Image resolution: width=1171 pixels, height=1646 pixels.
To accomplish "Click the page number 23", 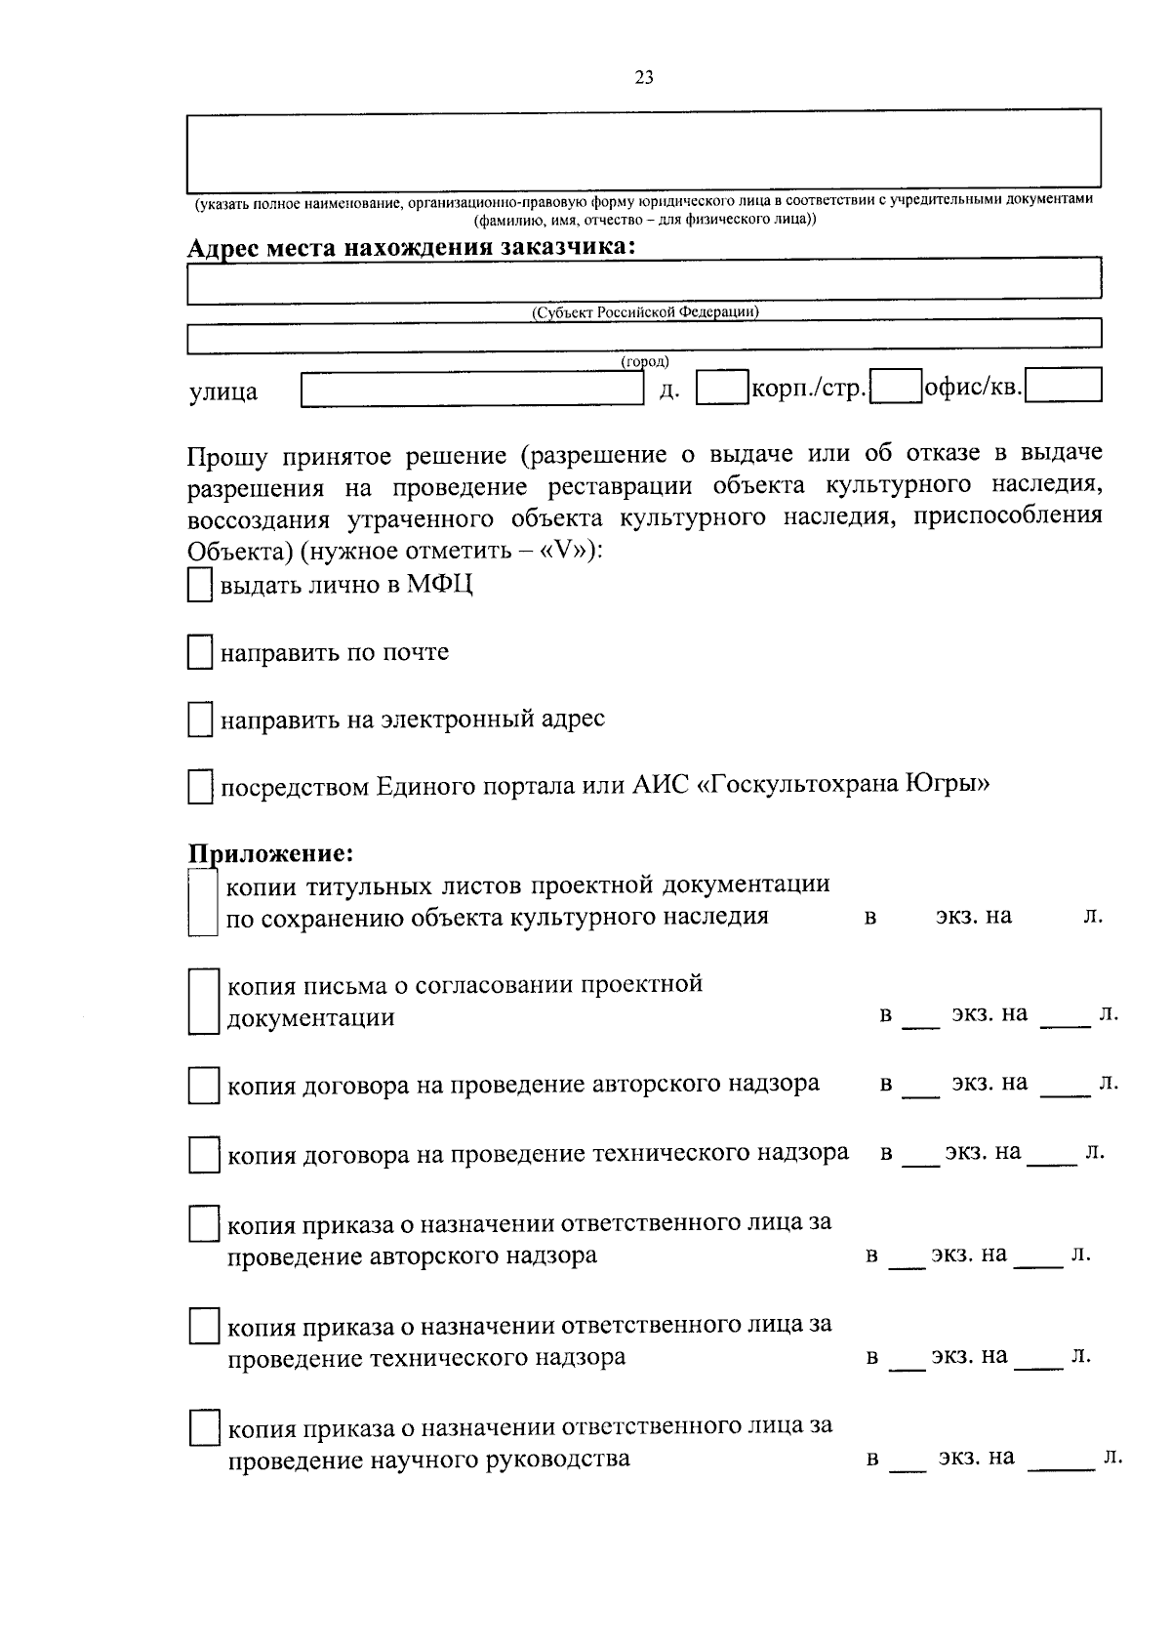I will pyautogui.click(x=644, y=79).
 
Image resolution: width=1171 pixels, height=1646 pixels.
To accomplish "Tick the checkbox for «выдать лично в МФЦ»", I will pyautogui.click(x=199, y=587).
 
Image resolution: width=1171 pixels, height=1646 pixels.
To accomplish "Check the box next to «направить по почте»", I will pyautogui.click(x=199, y=653).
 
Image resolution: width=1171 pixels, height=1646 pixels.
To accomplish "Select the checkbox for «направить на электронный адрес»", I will pyautogui.click(x=199, y=720).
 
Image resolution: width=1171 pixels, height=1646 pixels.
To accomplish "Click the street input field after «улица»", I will pyautogui.click(x=472, y=390).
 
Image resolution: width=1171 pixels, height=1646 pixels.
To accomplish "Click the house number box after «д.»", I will pyautogui.click(x=721, y=387).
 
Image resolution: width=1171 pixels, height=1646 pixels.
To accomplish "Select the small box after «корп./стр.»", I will pyautogui.click(x=896, y=386).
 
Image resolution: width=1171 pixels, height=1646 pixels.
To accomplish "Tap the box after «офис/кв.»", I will pyautogui.click(x=1064, y=385).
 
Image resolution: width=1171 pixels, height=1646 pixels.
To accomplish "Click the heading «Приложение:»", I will pyautogui.click(x=269, y=853).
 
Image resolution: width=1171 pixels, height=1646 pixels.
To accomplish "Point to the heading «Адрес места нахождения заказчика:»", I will pyautogui.click(x=411, y=247).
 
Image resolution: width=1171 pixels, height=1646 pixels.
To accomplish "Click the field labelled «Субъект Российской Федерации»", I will pyautogui.click(x=644, y=282).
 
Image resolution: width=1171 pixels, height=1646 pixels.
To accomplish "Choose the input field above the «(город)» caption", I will pyautogui.click(x=644, y=336).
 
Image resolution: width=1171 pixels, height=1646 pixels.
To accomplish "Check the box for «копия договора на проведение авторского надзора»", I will pyautogui.click(x=203, y=1086).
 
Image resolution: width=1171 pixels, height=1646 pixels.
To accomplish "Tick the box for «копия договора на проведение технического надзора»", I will pyautogui.click(x=203, y=1155).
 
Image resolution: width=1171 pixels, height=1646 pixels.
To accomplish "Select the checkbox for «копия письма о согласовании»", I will pyautogui.click(x=202, y=1001).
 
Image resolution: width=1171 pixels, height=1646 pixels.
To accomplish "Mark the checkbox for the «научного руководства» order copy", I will pyautogui.click(x=203, y=1428).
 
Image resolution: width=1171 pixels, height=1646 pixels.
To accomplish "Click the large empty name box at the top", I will pyautogui.click(x=644, y=150).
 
